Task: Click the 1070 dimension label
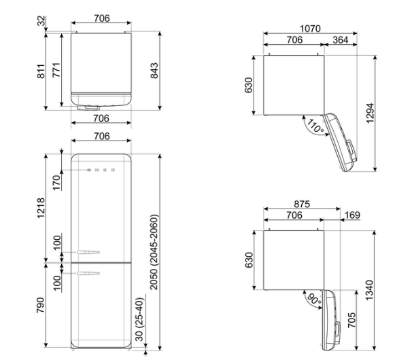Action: pyautogui.click(x=310, y=29)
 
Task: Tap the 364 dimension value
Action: pyautogui.click(x=340, y=40)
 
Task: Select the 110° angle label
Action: pyautogui.click(x=315, y=126)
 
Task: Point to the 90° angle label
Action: pyautogui.click(x=314, y=300)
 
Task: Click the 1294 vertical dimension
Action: pyautogui.click(x=370, y=113)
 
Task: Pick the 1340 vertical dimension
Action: pyautogui.click(x=369, y=290)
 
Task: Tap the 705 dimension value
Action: pyautogui.click(x=351, y=320)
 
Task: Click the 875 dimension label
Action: pyautogui.click(x=302, y=204)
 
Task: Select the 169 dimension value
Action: pyautogui.click(x=352, y=215)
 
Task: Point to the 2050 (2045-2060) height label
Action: pyautogui.click(x=154, y=252)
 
